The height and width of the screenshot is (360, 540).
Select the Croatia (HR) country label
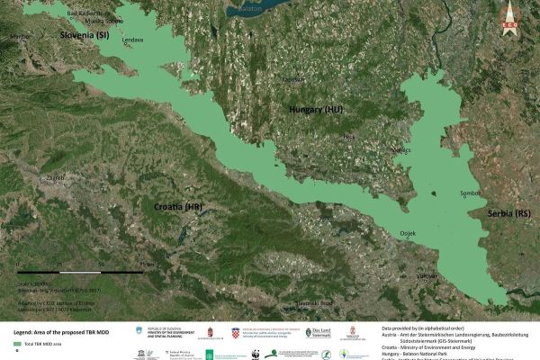pyautogui.click(x=178, y=207)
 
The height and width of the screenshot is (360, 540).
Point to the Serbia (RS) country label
pyautogui.click(x=509, y=213)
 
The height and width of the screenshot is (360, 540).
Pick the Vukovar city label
pyautogui.click(x=426, y=275)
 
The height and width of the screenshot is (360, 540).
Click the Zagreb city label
pyautogui.click(x=56, y=179)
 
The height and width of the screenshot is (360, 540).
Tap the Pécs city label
pyautogui.click(x=350, y=137)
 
